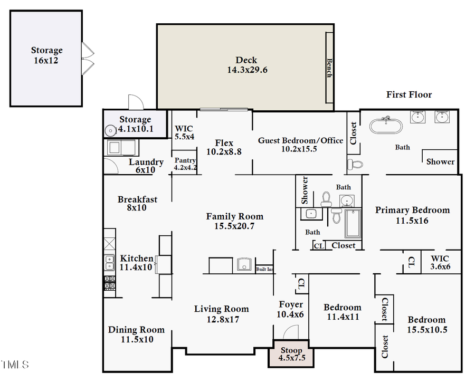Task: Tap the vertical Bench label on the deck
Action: click(329, 68)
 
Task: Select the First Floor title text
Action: click(409, 95)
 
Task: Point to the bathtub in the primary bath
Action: click(386, 126)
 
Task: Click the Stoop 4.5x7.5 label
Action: click(291, 354)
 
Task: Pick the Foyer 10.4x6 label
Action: click(291, 309)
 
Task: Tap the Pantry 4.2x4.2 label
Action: click(185, 164)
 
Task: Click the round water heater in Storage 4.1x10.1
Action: click(110, 131)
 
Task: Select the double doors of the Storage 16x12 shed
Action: click(87, 59)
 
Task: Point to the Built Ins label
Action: click(264, 269)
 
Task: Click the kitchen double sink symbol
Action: click(109, 262)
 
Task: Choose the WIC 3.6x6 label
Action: click(440, 262)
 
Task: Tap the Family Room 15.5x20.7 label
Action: click(234, 221)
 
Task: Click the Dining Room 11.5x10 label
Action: click(137, 335)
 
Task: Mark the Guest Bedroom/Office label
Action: click(300, 145)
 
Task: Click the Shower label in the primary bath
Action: click(440, 161)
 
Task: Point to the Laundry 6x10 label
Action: click(146, 166)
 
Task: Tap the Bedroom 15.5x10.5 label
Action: click(426, 324)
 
